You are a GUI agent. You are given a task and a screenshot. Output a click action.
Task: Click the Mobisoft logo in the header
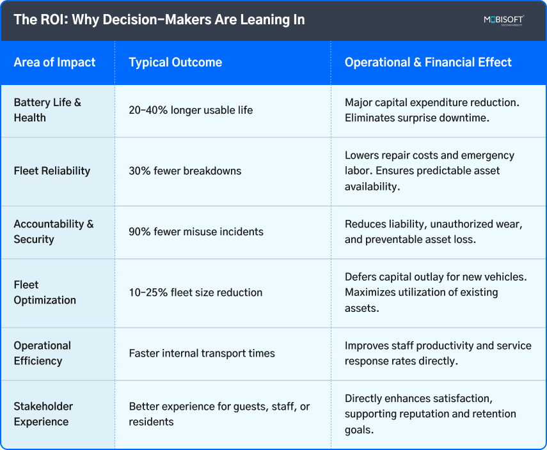503,20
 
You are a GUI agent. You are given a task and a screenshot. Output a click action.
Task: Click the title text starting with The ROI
159,19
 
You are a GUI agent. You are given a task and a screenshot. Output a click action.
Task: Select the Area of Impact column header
54,63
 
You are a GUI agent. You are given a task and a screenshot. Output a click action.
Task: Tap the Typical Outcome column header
175,63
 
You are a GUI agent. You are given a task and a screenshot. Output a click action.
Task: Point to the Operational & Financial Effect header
428,63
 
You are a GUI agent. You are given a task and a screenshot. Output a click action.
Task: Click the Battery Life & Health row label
47,110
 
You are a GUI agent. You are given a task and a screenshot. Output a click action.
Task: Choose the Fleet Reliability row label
52,171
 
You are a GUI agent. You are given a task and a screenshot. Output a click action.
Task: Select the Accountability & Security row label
54,231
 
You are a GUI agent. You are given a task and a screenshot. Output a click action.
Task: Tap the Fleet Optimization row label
45,292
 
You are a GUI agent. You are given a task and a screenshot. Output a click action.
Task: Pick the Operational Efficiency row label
42,353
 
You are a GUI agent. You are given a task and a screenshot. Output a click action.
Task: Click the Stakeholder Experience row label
44,414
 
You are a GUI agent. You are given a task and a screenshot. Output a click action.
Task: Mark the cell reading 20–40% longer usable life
191,110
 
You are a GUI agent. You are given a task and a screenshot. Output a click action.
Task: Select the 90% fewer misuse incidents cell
196,231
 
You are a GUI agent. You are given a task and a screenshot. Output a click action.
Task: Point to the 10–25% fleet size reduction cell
196,292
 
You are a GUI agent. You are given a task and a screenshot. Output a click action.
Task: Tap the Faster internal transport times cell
202,353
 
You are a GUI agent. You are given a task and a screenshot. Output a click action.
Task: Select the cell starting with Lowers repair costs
429,171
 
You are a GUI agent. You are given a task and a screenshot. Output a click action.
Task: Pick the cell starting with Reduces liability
432,231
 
